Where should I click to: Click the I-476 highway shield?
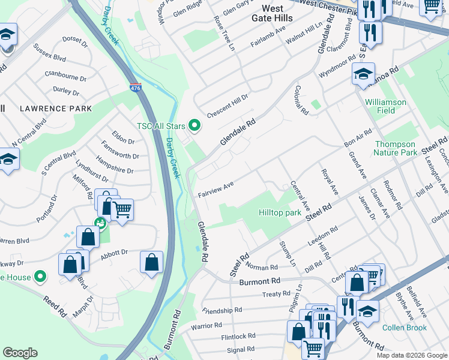pyautogui.click(x=135, y=88)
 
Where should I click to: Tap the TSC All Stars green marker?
pyautogui.click(x=194, y=125)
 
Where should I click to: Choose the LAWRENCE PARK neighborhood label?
pyautogui.click(x=56, y=109)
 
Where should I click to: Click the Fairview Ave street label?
pyautogui.click(x=215, y=189)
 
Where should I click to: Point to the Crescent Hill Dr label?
pyautogui.click(x=228, y=106)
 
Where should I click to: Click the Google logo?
pyautogui.click(x=20, y=353)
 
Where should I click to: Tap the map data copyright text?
pyautogui.click(x=412, y=355)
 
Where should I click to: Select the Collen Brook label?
pyautogui.click(x=405, y=328)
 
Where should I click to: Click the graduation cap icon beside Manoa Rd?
pyautogui.click(x=363, y=74)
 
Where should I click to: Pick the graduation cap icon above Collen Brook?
pyautogui.click(x=367, y=311)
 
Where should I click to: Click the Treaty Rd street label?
pyautogui.click(x=276, y=295)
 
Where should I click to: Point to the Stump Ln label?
pyautogui.click(x=288, y=254)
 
